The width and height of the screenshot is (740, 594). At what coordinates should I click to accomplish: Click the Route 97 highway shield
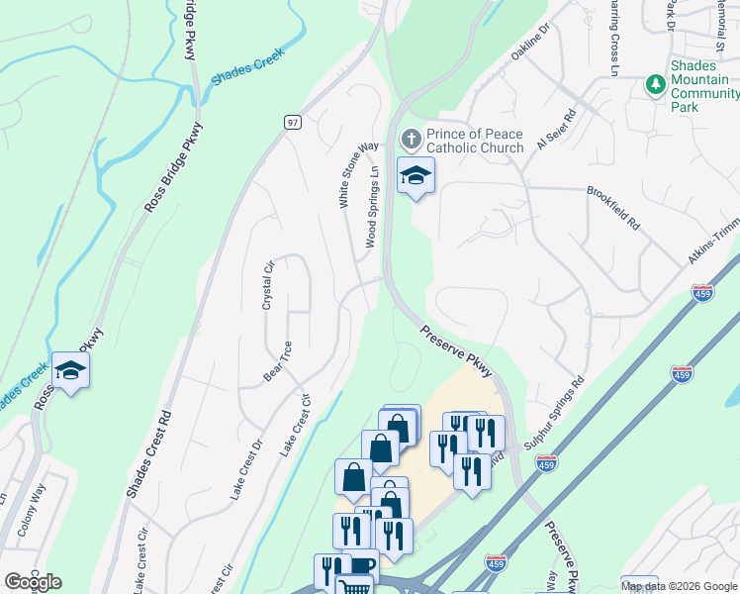(292, 122)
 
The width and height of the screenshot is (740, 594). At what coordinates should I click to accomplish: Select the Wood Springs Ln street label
(372, 206)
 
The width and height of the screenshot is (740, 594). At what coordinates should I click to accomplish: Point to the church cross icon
(411, 137)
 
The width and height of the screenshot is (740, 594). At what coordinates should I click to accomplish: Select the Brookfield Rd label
(613, 208)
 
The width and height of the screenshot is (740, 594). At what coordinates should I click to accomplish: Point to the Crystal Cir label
(267, 287)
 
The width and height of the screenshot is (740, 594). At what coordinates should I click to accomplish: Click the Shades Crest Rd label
(148, 454)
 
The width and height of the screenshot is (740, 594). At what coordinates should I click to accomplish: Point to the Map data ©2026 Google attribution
(679, 586)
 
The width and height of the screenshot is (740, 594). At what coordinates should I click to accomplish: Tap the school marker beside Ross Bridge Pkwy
(70, 371)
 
